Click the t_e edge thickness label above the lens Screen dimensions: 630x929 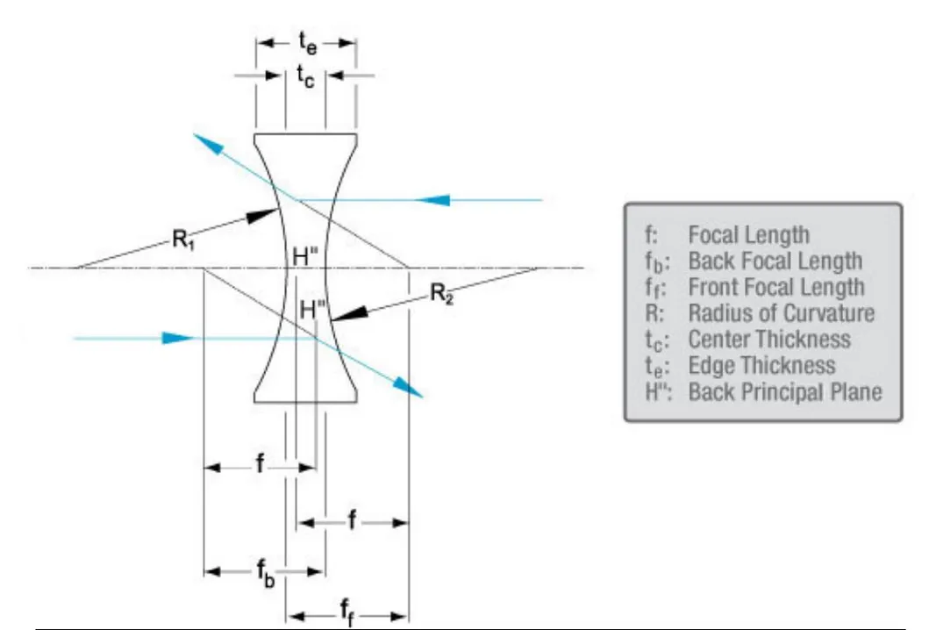point(305,43)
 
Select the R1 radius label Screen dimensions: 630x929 point(182,240)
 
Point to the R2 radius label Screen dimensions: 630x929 point(442,294)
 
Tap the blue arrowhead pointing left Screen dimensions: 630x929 point(433,200)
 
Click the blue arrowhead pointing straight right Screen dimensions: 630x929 point(178,338)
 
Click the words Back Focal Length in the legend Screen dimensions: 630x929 point(775,261)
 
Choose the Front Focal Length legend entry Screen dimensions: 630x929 point(776,287)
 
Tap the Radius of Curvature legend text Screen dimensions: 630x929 point(781,312)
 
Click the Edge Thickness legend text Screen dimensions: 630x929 point(761,365)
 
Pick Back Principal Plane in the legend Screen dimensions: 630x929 point(785,391)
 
